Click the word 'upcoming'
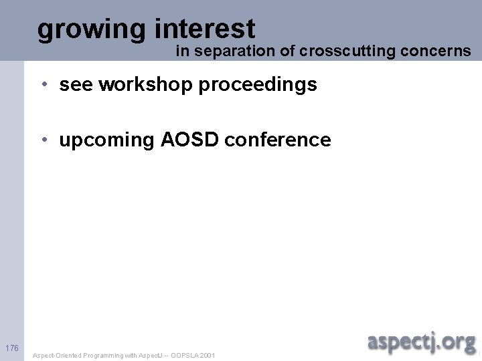pos(106,140)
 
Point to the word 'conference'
pos(278,140)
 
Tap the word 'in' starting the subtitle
pos(181,51)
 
